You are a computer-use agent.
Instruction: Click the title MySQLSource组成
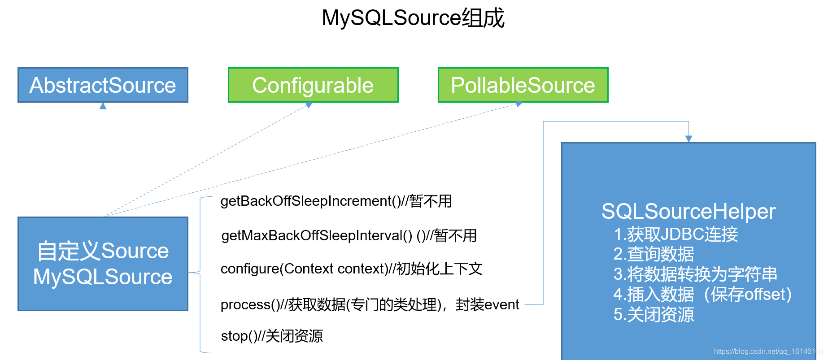pyautogui.click(x=413, y=18)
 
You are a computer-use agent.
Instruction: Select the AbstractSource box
pyautogui.click(x=103, y=85)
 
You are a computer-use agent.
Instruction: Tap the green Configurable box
pyautogui.click(x=313, y=85)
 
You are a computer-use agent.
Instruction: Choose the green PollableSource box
pyautogui.click(x=523, y=85)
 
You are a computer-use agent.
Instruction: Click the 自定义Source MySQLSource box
pyautogui.click(x=103, y=264)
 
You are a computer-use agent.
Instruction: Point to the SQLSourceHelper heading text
pyautogui.click(x=688, y=212)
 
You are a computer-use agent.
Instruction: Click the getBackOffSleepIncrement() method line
pyautogui.click(x=336, y=201)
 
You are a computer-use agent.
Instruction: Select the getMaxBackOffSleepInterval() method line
pyautogui.click(x=349, y=235)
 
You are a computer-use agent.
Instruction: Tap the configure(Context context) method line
pyautogui.click(x=351, y=269)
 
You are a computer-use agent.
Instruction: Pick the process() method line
pyautogui.click(x=370, y=304)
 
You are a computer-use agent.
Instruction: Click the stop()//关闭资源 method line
pyautogui.click(x=272, y=336)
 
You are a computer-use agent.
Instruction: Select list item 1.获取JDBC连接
pyautogui.click(x=675, y=234)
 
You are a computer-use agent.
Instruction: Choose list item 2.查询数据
pyautogui.click(x=654, y=254)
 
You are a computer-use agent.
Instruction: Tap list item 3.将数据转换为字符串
pyautogui.click(x=695, y=274)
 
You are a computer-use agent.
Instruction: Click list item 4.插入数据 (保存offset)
pyautogui.click(x=702, y=295)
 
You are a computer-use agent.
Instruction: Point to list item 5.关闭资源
pyautogui.click(x=654, y=315)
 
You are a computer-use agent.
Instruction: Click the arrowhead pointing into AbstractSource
pyautogui.click(x=103, y=106)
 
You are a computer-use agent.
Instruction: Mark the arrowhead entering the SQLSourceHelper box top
pyautogui.click(x=689, y=139)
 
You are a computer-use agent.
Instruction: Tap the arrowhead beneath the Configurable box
pyautogui.click(x=309, y=105)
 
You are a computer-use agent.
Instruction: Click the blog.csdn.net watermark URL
pyautogui.click(x=768, y=351)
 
